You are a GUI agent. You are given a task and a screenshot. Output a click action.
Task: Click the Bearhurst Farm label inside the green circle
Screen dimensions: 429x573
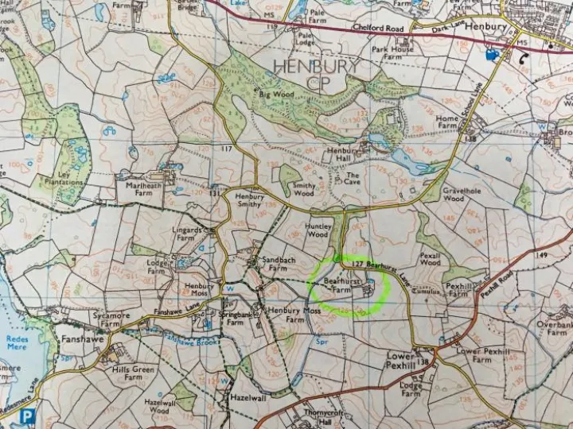pos(339,286)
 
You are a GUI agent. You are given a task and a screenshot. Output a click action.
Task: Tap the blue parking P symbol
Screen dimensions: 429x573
pos(28,415)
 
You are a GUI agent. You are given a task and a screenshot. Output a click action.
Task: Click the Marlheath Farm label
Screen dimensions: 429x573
pos(143,189)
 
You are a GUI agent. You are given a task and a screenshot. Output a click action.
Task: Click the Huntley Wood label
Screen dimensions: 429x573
pos(316,230)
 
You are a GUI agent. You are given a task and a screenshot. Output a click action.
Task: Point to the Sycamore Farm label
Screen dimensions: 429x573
pos(111,320)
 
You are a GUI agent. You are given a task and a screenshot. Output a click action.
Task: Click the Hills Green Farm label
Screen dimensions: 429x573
pos(132,373)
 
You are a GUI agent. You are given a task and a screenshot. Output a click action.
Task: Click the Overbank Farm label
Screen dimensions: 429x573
pos(552,329)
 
